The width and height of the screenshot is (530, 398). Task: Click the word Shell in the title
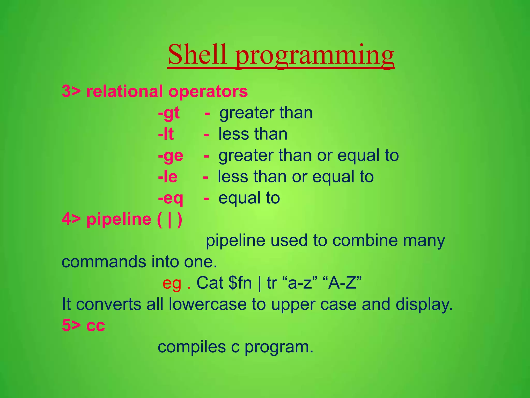[197, 55]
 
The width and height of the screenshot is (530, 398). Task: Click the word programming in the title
[315, 56]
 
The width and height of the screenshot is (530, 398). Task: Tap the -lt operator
[166, 134]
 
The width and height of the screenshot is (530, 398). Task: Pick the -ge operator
[171, 156]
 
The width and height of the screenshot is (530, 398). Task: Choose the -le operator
[168, 177]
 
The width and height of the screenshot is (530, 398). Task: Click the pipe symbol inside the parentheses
[170, 220]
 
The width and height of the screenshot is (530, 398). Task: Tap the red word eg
[172, 283]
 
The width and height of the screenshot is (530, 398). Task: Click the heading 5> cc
[83, 325]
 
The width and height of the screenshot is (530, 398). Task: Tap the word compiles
[192, 347]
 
